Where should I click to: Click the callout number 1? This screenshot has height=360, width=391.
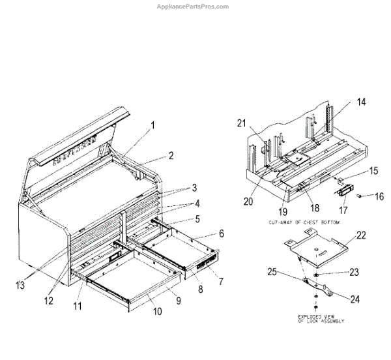[x=154, y=125]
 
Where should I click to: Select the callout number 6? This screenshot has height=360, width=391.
[x=221, y=233]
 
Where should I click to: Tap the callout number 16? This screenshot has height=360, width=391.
[x=379, y=195]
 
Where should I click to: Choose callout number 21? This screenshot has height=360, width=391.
[x=242, y=124]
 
